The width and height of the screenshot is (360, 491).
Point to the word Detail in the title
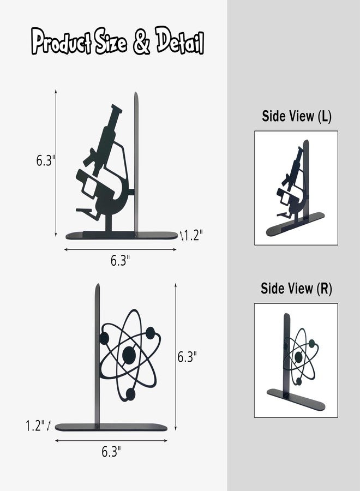[181, 44]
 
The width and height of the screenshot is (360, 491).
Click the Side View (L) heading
[296, 116]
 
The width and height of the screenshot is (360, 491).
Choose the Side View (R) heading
[296, 289]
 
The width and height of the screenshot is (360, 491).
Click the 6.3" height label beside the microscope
[46, 160]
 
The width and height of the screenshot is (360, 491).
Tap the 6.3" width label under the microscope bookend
[120, 260]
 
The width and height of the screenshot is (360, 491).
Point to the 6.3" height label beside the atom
[187, 357]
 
